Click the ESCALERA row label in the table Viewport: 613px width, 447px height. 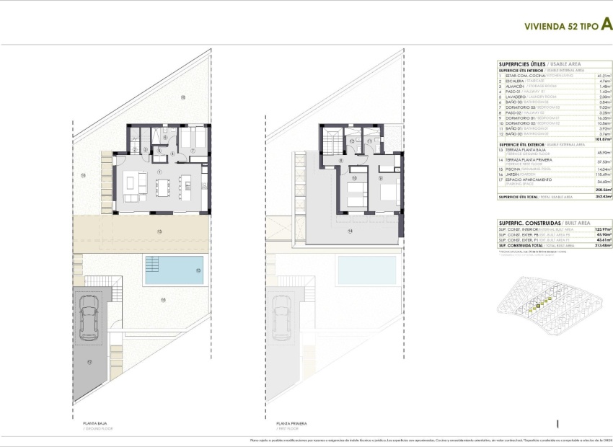[511, 81]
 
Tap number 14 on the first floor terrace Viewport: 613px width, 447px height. [350, 231]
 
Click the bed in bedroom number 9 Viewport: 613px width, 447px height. [386, 192]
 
